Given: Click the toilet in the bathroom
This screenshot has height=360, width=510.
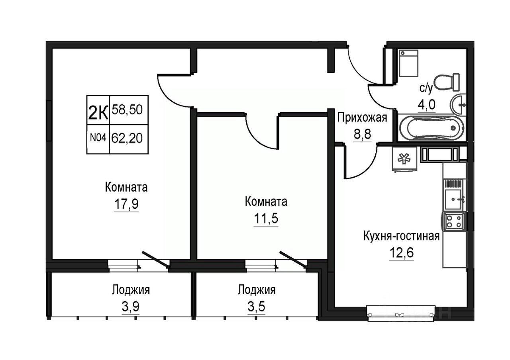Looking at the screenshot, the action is point(447,82).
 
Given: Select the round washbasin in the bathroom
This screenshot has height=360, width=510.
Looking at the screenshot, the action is point(458,105).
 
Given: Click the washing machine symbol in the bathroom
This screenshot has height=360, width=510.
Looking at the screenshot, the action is point(409,63).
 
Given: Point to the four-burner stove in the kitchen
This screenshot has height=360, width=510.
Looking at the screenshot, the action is point(454,221).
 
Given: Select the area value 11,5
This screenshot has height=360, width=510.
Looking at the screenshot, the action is point(266,219).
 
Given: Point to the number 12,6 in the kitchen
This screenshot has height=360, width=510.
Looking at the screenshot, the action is point(401,252).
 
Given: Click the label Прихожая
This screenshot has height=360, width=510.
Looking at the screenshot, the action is point(362,118).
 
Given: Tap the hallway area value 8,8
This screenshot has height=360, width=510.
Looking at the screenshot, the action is point(362,134).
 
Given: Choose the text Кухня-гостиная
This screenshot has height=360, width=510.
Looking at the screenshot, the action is point(401,236).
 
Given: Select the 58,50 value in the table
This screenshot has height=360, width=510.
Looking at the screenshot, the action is point(127,110).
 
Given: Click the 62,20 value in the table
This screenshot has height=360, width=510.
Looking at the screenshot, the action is point(127,138).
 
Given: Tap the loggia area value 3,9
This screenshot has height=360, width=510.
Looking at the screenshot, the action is point(130,307).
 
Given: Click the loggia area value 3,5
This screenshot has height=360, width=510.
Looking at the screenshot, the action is point(256,307).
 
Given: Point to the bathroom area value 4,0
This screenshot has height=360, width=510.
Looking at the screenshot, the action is point(427,105).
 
